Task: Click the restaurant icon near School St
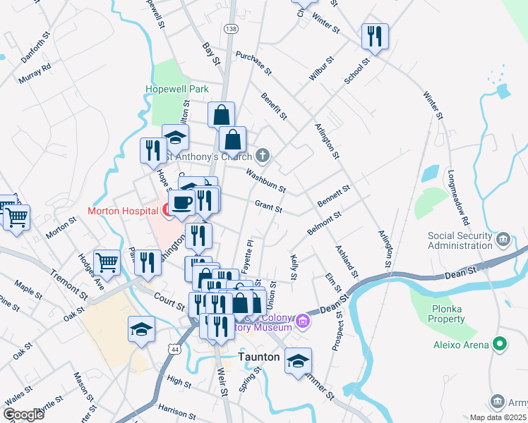[374, 36]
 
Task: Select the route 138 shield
[231, 28]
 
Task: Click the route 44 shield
[174, 348]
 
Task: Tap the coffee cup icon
[182, 202]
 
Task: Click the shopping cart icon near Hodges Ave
[107, 263]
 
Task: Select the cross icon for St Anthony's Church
[262, 155]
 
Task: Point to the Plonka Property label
[455, 319]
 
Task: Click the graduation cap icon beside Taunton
[298, 360]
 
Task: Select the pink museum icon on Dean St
[304, 322]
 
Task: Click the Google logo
[23, 414]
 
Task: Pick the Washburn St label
[265, 180]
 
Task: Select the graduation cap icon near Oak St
[141, 329]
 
